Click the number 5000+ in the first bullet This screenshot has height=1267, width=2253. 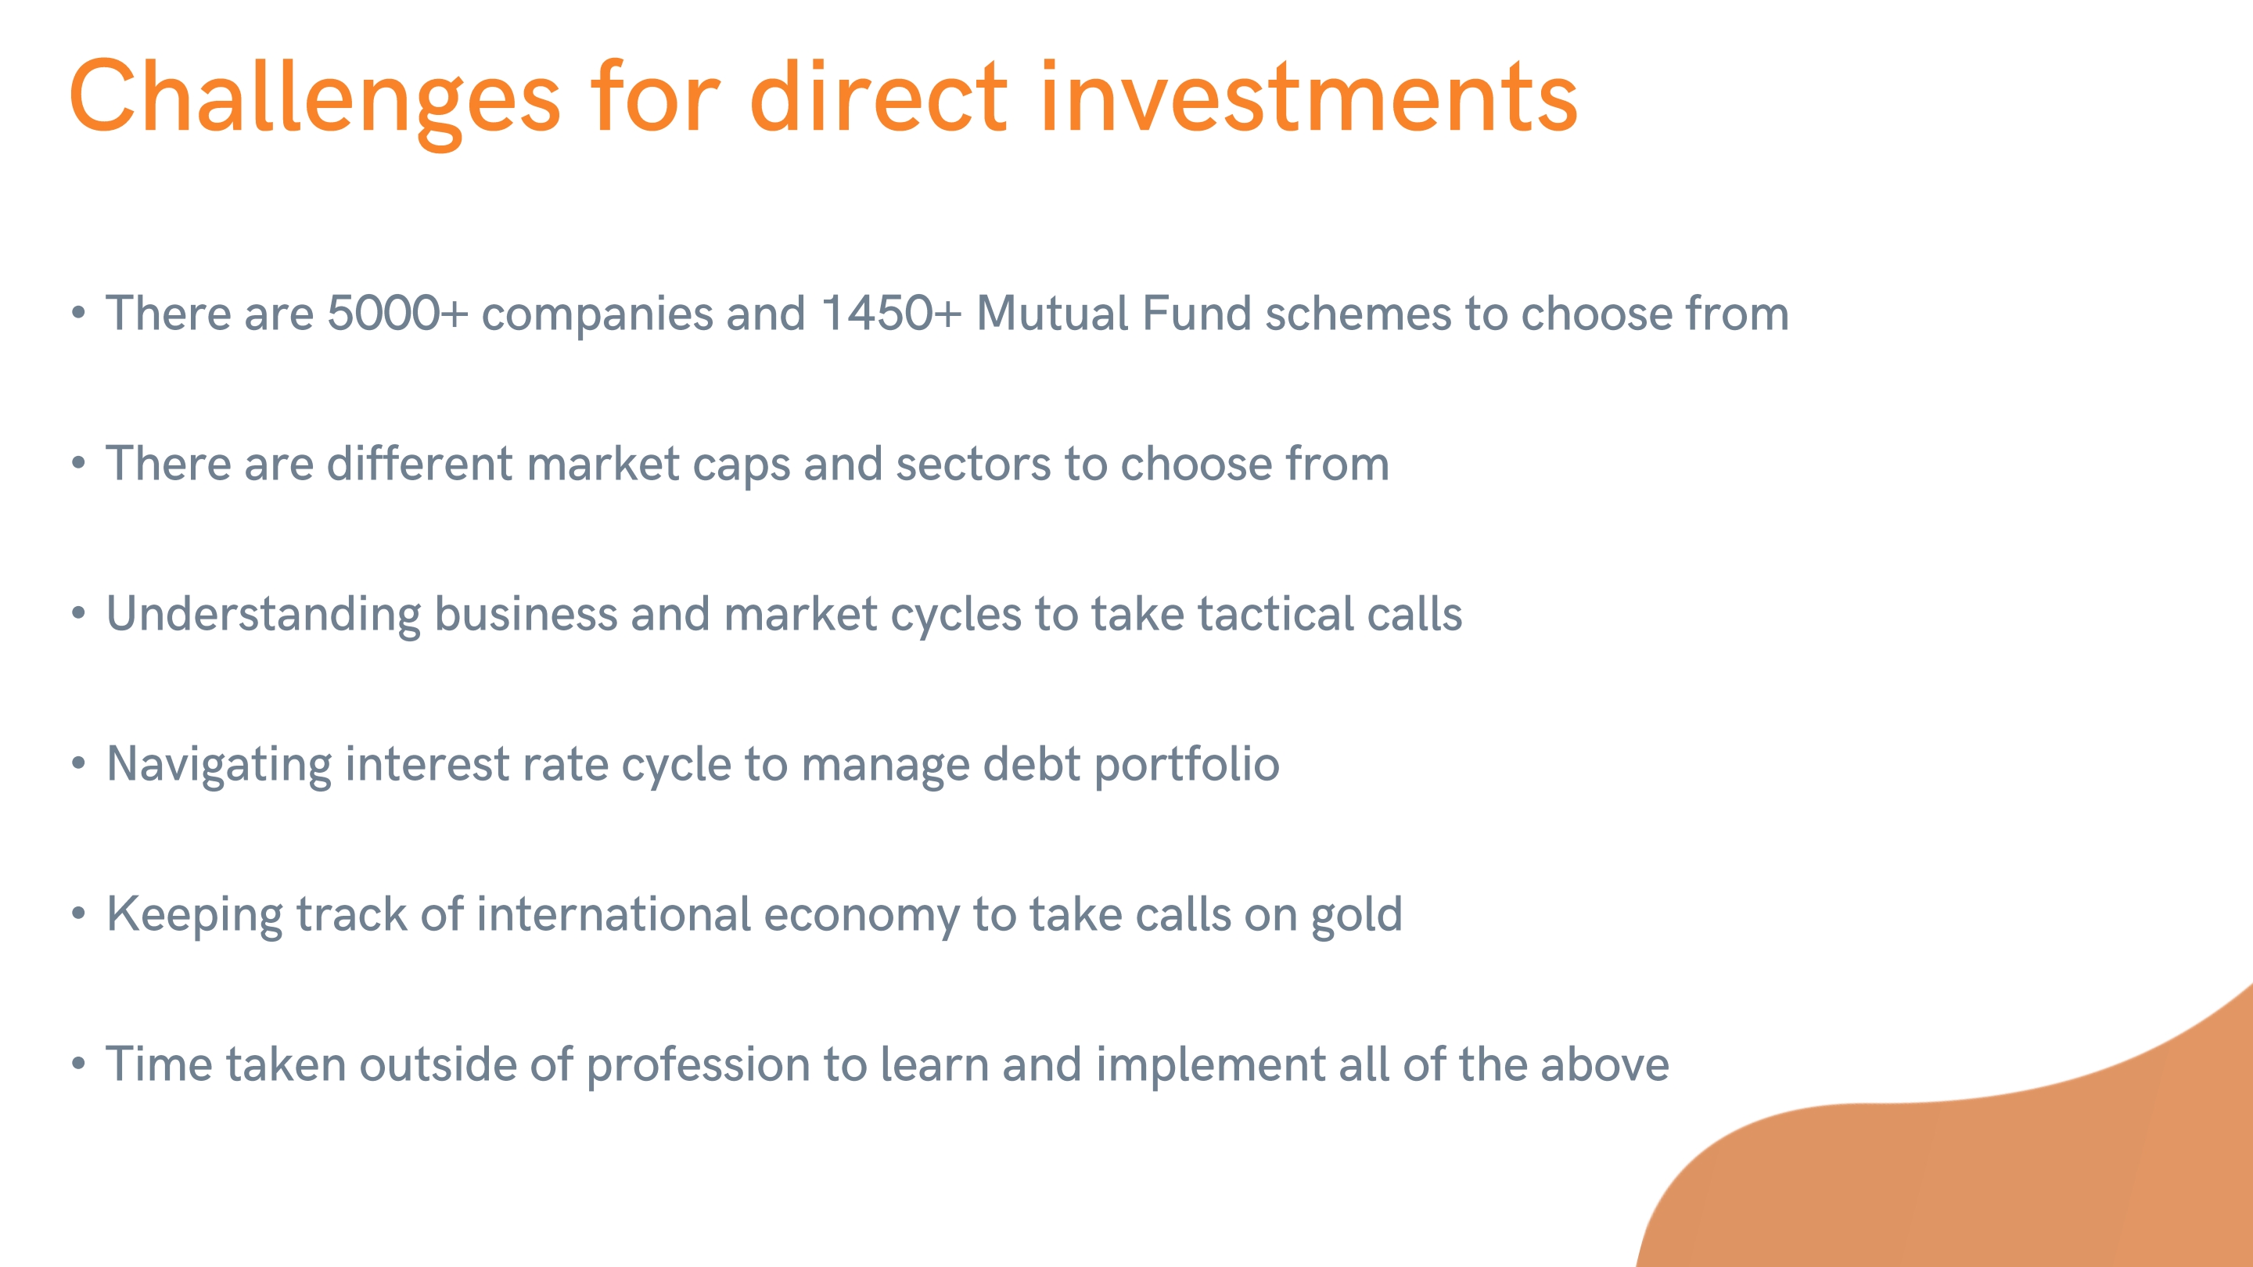(x=398, y=313)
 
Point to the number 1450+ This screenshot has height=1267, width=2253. (x=891, y=313)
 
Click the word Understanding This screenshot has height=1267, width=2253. (x=264, y=615)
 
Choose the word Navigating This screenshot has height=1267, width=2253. (x=219, y=765)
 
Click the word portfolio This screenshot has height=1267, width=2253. (x=1187, y=765)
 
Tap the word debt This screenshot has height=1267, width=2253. (x=1032, y=763)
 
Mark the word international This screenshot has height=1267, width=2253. (x=614, y=913)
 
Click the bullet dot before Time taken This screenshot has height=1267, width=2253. (x=79, y=1064)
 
